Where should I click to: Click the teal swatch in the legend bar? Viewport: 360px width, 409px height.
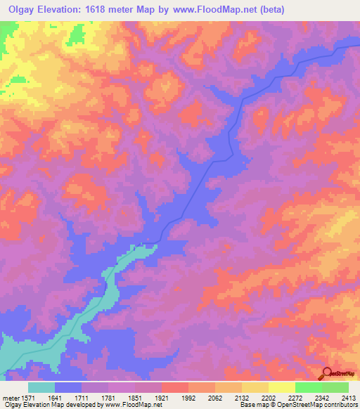pos(41,387)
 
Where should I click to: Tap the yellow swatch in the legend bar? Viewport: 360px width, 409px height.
pos(281,387)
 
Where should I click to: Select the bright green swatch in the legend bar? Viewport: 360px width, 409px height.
pos(308,387)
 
